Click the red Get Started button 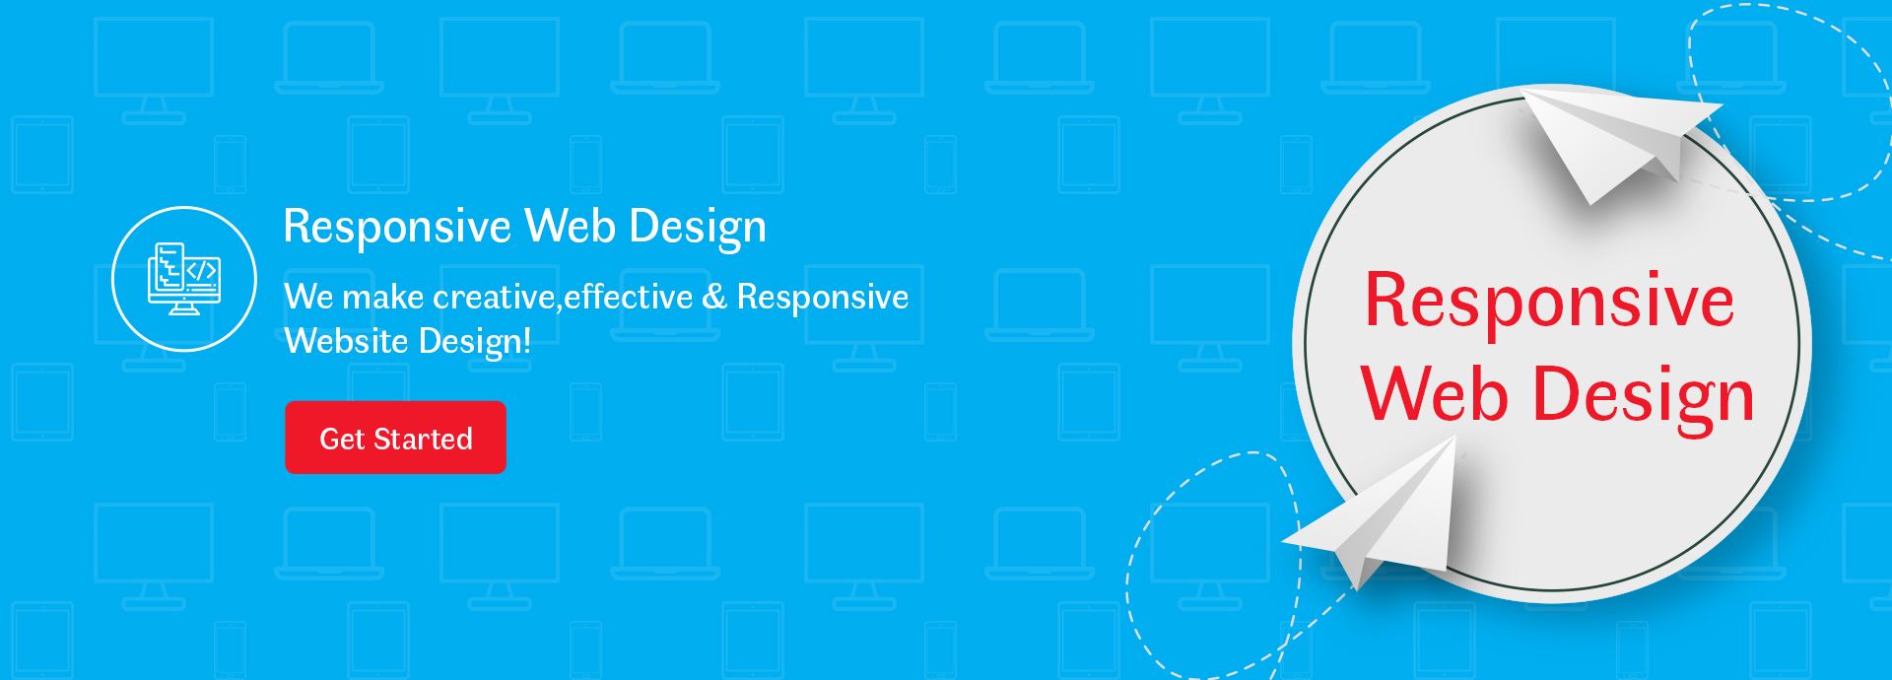click(x=395, y=438)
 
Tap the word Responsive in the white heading click(x=397, y=228)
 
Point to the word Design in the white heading click(x=698, y=228)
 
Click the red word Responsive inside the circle click(x=1549, y=302)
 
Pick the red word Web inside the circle click(x=1434, y=393)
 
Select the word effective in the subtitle click(x=628, y=296)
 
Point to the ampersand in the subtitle click(x=714, y=297)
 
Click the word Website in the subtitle click(x=346, y=341)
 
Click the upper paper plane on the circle click(x=1616, y=138)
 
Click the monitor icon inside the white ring click(x=184, y=280)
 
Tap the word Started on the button click(x=423, y=439)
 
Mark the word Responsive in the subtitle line click(x=823, y=298)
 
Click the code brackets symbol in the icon click(x=202, y=270)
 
